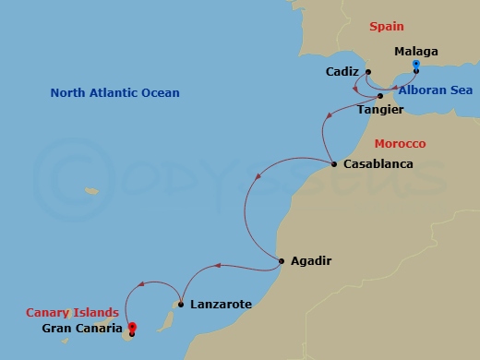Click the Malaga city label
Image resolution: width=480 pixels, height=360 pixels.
[x=415, y=52]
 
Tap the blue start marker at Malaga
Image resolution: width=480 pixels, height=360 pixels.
[x=416, y=66]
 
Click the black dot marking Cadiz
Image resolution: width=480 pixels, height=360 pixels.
[x=367, y=72]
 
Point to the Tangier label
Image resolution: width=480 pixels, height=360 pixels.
[x=380, y=109]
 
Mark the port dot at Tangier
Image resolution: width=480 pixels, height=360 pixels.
[x=380, y=95]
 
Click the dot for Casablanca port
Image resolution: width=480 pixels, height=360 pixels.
[x=333, y=165]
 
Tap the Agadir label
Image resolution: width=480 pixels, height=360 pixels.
[x=310, y=261]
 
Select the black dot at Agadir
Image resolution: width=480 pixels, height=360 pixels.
[x=281, y=261]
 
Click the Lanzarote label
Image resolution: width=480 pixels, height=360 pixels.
[x=220, y=304]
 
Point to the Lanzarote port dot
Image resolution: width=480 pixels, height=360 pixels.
[x=181, y=304]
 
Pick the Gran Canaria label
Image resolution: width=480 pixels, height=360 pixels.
[x=83, y=328]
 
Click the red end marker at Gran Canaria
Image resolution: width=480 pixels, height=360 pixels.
[x=132, y=327]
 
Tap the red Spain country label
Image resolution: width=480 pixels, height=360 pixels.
[x=387, y=28]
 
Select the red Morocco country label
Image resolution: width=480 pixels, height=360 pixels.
[x=400, y=144]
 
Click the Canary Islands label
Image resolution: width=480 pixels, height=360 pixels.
[x=72, y=312]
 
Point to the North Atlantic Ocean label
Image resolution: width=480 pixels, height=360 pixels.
[x=114, y=93]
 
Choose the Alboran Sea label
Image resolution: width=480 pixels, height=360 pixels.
[x=437, y=90]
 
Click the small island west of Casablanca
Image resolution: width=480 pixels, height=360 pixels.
[x=91, y=191]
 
